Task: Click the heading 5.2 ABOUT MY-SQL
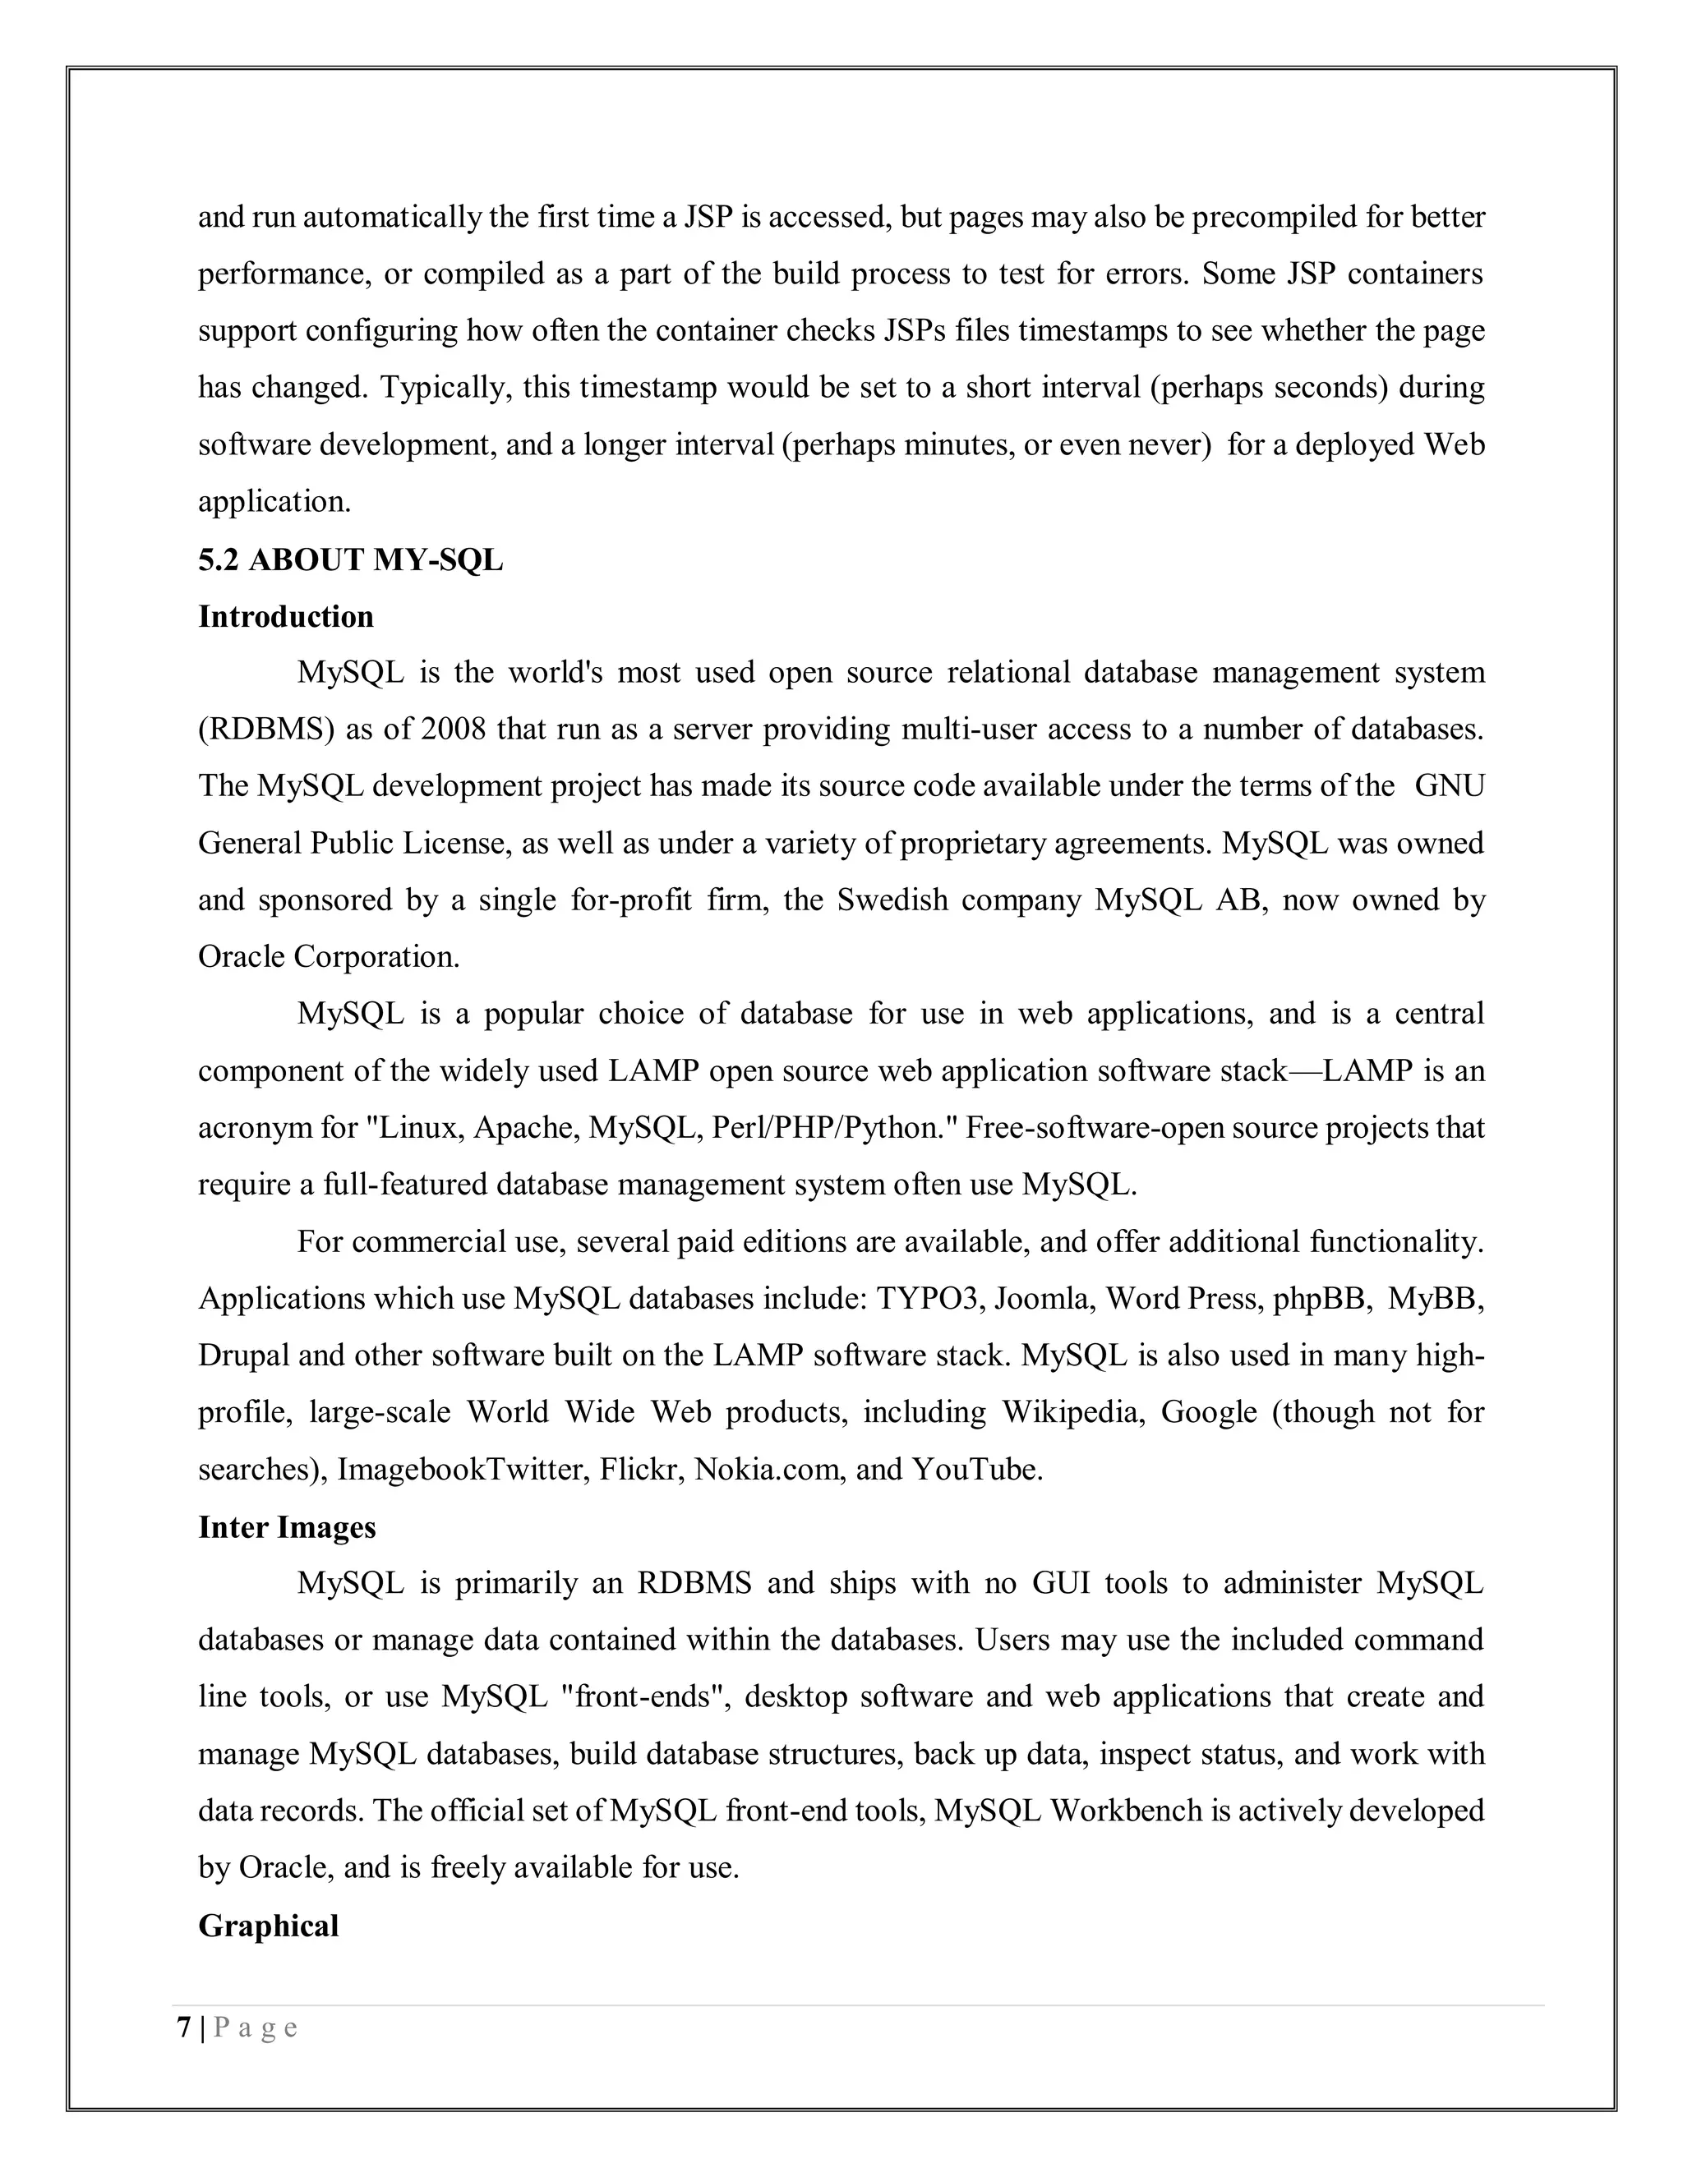350,560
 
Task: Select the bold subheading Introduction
285,617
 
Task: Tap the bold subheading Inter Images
286,1527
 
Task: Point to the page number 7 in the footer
183,2028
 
